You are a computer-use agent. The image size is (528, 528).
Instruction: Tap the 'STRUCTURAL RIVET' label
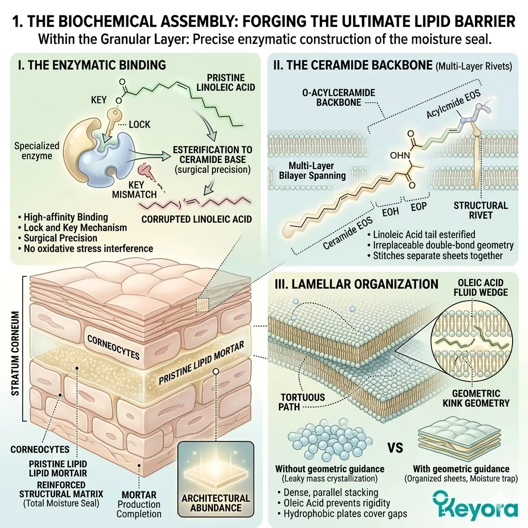tap(481, 210)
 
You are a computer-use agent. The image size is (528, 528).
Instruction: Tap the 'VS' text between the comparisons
tap(394, 448)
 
